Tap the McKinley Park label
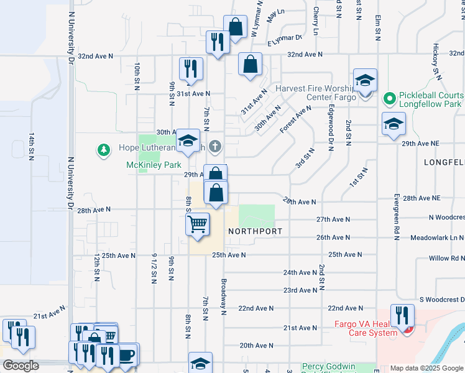click(153, 165)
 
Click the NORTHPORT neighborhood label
click(256, 231)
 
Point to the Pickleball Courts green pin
click(389, 98)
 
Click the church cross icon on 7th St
click(215, 147)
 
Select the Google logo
click(20, 366)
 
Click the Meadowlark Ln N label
click(437, 237)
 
